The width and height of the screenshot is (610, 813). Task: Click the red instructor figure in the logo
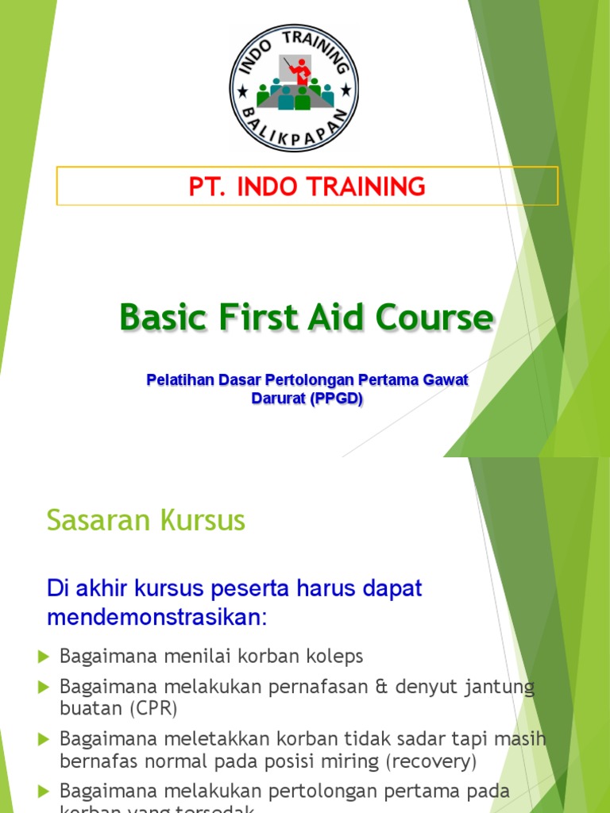click(x=299, y=73)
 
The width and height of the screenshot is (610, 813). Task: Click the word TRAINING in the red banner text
click(x=368, y=187)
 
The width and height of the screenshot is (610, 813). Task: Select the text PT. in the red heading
click(x=204, y=187)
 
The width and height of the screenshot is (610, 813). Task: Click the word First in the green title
click(x=257, y=318)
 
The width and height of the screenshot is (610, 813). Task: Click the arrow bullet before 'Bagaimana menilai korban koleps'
click(x=44, y=656)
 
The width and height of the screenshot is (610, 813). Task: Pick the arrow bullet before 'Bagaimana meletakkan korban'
click(x=44, y=739)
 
